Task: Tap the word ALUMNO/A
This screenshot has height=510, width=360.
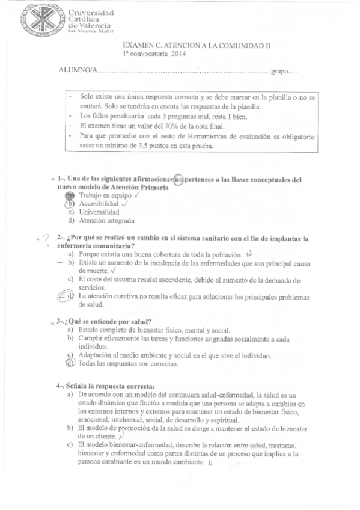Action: click(76, 72)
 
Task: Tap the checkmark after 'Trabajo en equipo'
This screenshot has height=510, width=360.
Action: click(138, 195)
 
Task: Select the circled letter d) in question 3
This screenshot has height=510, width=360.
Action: click(70, 363)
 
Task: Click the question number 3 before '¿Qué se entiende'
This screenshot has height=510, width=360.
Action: click(59, 321)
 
